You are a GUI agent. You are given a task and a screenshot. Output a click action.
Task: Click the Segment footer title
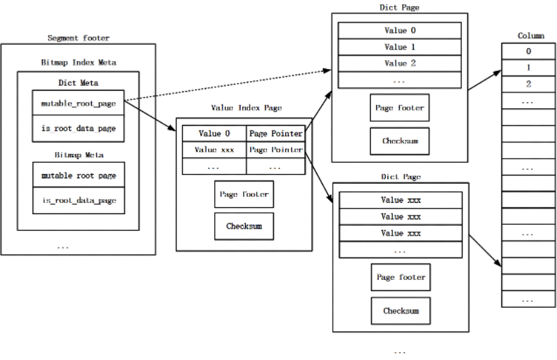click(x=78, y=38)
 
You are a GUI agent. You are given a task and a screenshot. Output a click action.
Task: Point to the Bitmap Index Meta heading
click(x=78, y=62)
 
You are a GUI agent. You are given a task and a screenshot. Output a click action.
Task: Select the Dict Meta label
click(x=78, y=83)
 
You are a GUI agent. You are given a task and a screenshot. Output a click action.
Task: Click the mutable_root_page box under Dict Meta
click(x=78, y=103)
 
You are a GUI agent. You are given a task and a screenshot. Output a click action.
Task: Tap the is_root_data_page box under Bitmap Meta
click(x=78, y=201)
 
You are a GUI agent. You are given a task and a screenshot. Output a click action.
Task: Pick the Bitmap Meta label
click(x=79, y=155)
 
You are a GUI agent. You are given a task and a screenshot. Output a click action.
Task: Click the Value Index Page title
click(x=246, y=108)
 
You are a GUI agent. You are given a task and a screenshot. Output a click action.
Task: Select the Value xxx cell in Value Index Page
click(x=214, y=150)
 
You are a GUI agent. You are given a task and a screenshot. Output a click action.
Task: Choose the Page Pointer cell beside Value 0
click(x=276, y=133)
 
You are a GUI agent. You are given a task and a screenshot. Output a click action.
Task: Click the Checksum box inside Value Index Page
click(x=244, y=226)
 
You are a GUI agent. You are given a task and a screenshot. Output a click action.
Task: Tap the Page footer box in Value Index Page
click(x=244, y=194)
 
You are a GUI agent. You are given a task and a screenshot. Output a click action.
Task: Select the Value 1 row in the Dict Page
click(x=400, y=47)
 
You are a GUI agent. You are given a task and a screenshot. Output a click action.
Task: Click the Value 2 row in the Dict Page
click(x=400, y=63)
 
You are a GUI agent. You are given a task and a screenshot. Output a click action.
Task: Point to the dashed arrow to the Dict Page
click(x=228, y=85)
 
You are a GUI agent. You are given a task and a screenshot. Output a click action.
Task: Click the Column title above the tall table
click(x=531, y=36)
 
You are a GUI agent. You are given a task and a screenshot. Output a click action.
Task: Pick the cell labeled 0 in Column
click(x=528, y=51)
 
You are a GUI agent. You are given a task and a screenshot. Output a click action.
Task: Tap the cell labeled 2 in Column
click(x=528, y=84)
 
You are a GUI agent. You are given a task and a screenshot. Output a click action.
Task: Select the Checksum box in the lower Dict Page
click(x=401, y=311)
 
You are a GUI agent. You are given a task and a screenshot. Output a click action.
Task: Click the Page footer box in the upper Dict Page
click(x=400, y=108)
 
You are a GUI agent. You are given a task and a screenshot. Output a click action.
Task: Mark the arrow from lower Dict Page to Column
click(x=485, y=250)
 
